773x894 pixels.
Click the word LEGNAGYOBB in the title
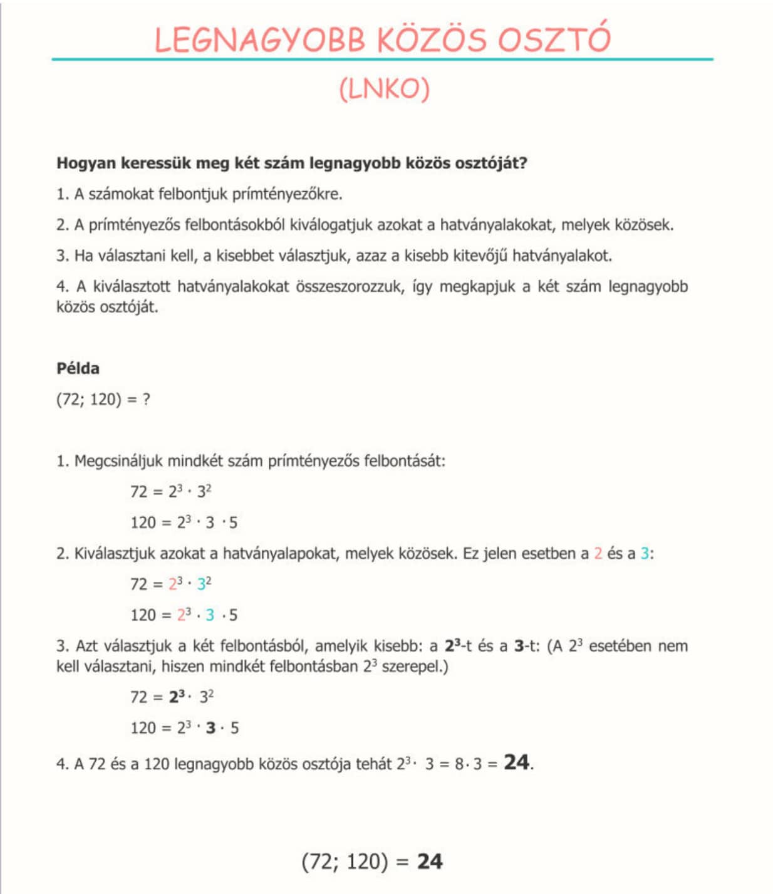point(259,39)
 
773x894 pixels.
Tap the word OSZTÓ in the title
point(554,39)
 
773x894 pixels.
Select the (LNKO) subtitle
point(384,90)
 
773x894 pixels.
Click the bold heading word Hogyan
point(86,164)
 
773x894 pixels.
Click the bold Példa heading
point(78,368)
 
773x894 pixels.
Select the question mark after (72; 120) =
point(147,400)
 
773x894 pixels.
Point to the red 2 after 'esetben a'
point(598,554)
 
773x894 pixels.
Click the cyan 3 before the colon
point(645,554)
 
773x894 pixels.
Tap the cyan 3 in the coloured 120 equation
point(210,615)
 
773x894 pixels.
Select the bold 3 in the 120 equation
point(210,728)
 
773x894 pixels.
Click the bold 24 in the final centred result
point(430,862)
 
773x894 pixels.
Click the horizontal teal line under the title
point(382,60)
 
